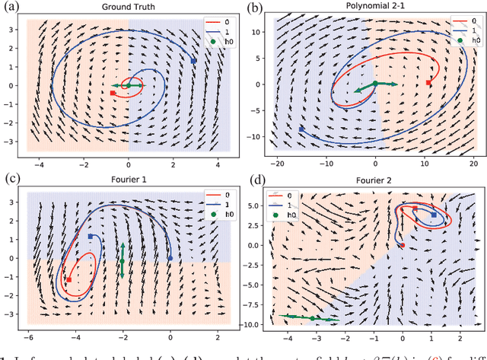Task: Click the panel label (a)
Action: pos(9,7)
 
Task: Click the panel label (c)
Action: pos(9,179)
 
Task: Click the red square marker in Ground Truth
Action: pos(113,93)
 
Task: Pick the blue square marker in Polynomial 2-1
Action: pos(302,129)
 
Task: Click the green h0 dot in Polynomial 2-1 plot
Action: pos(375,84)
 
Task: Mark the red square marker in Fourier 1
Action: pos(69,280)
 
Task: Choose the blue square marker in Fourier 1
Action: pos(91,237)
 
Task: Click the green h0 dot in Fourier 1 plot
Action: pos(123,261)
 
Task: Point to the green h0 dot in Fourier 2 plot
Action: pos(313,317)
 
